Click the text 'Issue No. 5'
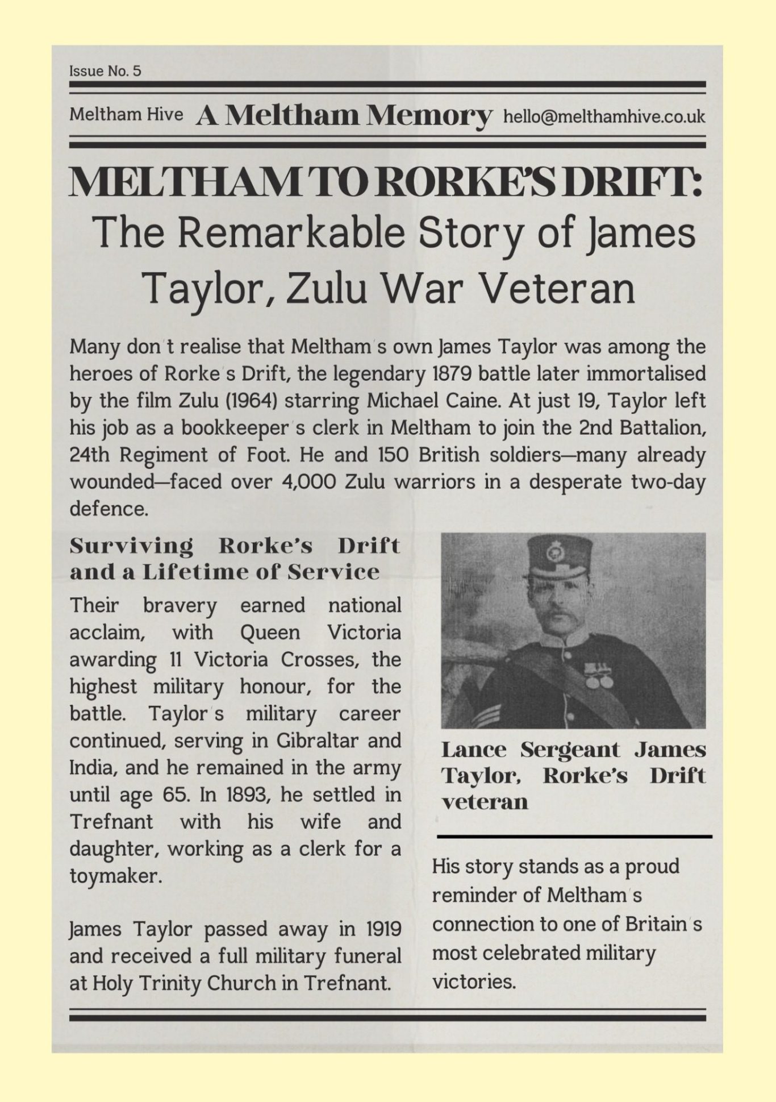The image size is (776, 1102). [105, 71]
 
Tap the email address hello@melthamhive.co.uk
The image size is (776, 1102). [604, 117]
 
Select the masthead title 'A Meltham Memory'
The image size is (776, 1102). [344, 115]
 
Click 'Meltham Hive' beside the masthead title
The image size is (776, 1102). [126, 115]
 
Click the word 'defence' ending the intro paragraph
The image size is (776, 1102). [108, 509]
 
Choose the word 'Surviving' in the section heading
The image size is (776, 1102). [131, 546]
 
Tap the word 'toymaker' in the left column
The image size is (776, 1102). [115, 876]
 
